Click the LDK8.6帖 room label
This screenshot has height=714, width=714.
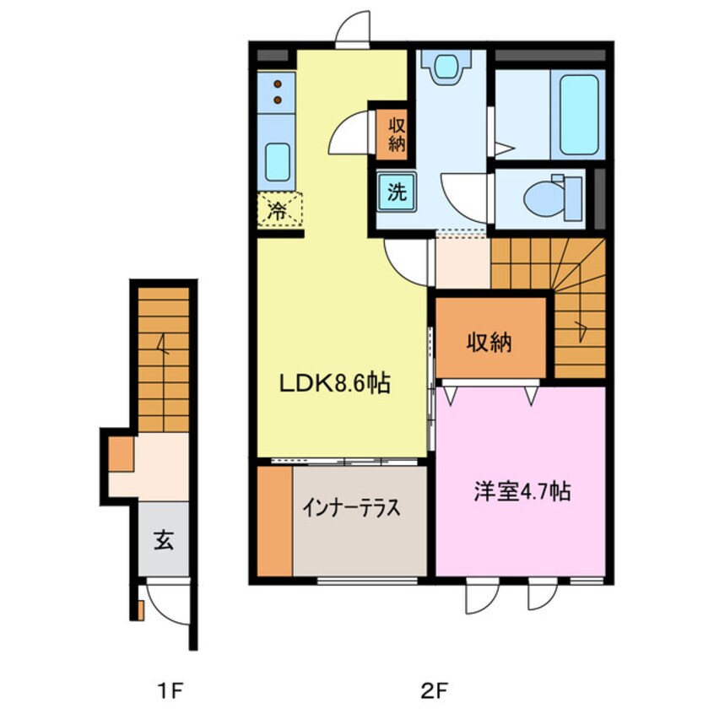tap(335, 383)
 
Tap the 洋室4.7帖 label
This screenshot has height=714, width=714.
tap(522, 491)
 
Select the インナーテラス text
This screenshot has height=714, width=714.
tap(352, 508)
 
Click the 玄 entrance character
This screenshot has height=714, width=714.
tap(164, 540)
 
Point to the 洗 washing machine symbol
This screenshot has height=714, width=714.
tap(397, 192)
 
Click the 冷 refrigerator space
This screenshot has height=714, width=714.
tap(279, 210)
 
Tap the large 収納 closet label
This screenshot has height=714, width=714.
tap(490, 343)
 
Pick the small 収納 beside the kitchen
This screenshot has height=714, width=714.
tap(397, 135)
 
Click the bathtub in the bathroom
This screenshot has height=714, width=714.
tap(579, 115)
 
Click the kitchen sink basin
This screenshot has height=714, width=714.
tap(278, 162)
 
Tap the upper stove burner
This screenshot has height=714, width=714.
tap(278, 84)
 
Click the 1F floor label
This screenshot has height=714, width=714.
tap(170, 692)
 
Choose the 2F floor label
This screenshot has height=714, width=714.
tap(434, 692)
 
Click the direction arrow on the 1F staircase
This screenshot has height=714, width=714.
tap(163, 344)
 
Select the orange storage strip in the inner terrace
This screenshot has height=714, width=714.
tap(274, 521)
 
